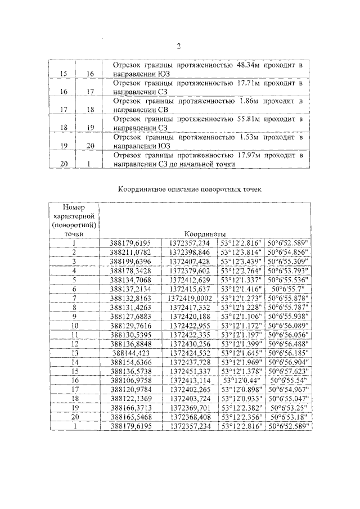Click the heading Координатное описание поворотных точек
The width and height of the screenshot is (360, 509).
coord(190,190)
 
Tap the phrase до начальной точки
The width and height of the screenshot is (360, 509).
coord(202,164)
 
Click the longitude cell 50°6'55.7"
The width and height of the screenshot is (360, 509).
coord(290,288)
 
